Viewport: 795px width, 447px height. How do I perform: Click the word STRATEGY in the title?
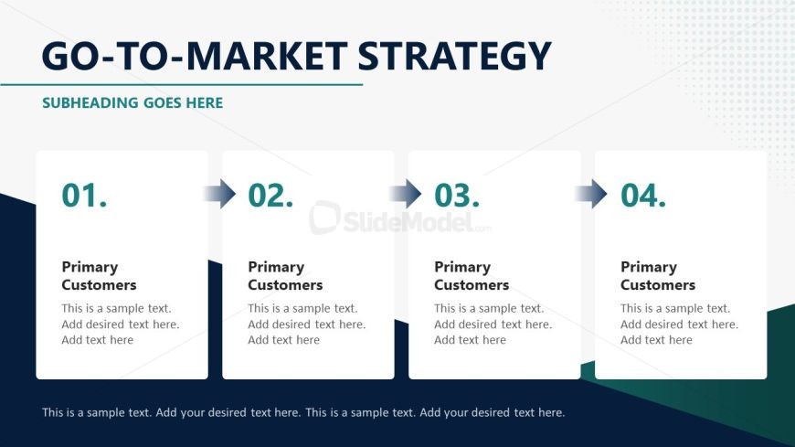(454, 56)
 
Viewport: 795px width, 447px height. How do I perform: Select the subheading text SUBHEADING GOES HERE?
(132, 103)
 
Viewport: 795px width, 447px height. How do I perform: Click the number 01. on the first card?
(84, 196)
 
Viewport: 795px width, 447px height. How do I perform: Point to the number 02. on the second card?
(270, 196)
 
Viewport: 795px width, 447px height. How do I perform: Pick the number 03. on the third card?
(457, 196)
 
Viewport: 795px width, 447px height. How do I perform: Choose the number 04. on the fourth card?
(643, 196)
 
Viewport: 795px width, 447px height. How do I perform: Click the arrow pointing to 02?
(219, 193)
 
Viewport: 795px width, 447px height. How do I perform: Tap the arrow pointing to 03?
(405, 193)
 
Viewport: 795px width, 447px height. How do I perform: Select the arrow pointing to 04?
(590, 193)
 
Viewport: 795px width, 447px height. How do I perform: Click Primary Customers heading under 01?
(99, 276)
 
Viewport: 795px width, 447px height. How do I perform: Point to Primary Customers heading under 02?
(285, 276)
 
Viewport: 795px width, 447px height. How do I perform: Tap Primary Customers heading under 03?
(472, 276)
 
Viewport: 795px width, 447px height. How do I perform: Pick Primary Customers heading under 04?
(658, 276)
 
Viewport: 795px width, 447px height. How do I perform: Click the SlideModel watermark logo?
(400, 218)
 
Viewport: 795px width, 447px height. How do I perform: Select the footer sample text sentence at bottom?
(303, 412)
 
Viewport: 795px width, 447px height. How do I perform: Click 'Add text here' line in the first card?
(98, 340)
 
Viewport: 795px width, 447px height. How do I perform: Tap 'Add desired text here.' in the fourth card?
(679, 325)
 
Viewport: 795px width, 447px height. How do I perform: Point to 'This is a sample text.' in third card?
(489, 308)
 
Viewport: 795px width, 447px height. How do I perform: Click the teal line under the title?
(182, 85)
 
